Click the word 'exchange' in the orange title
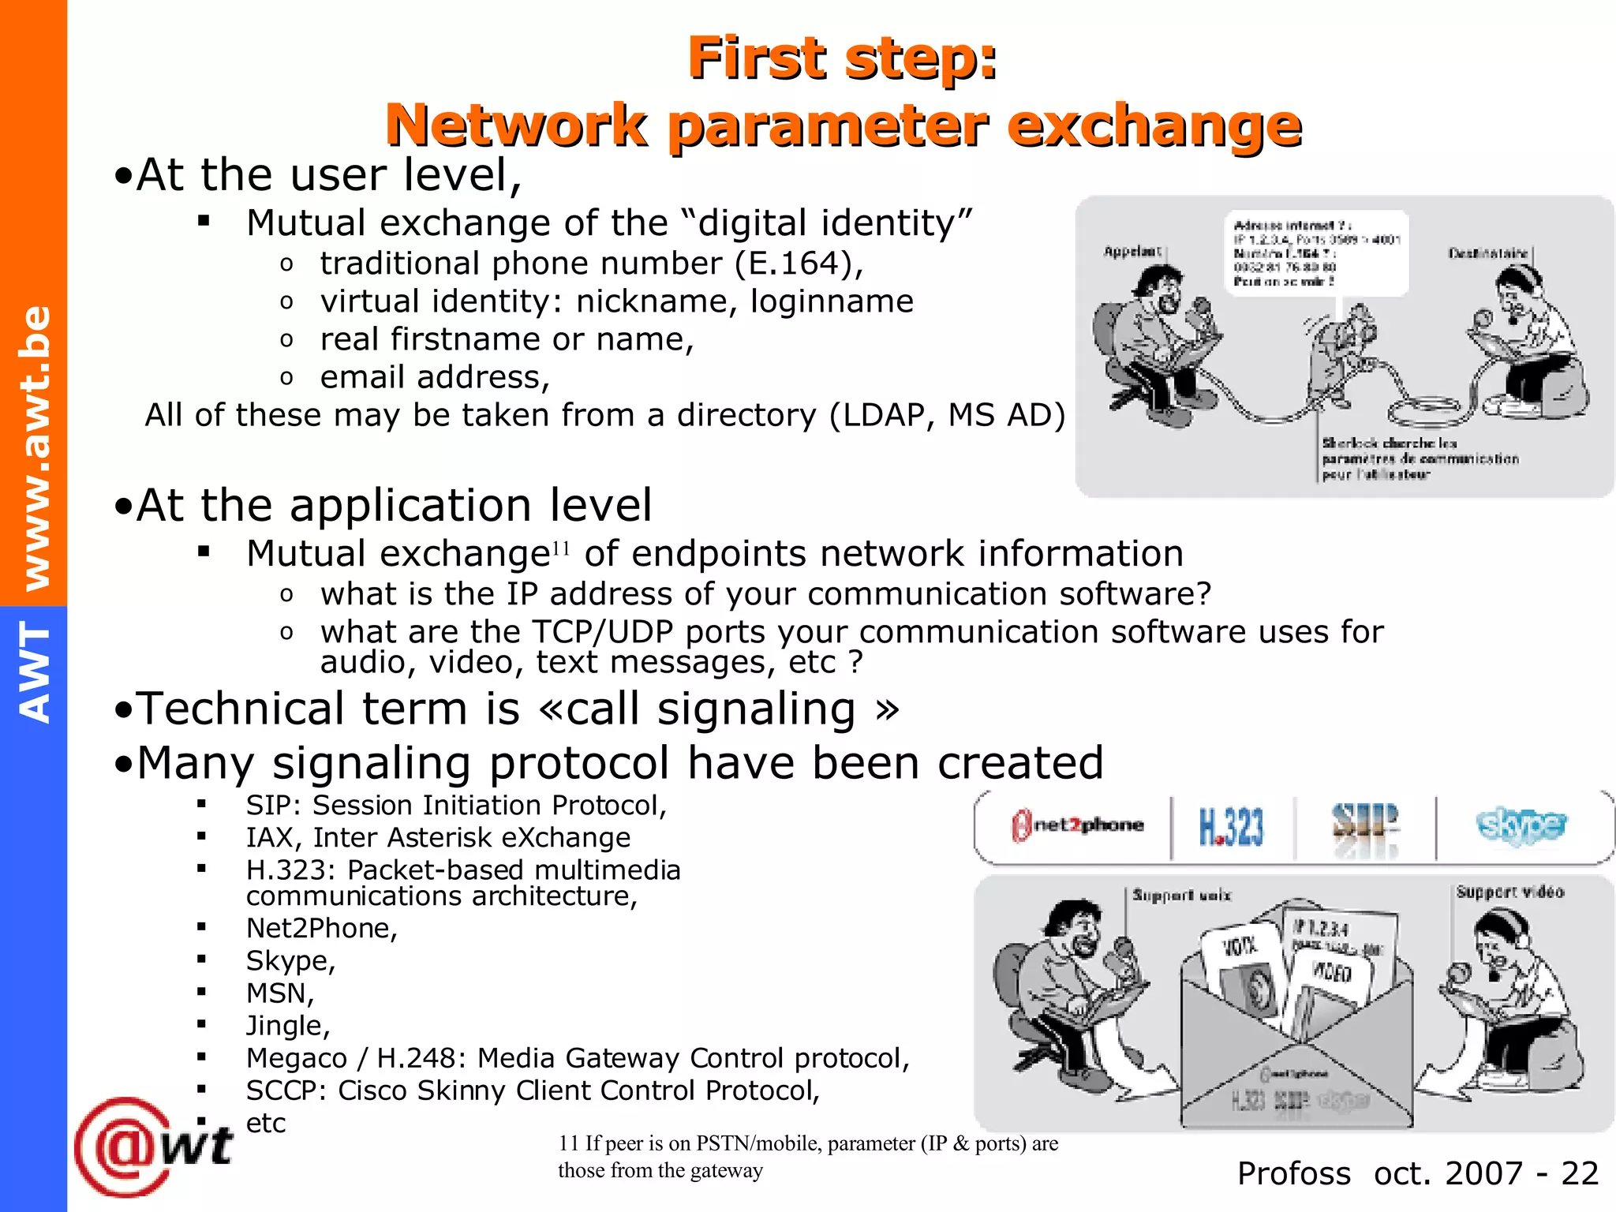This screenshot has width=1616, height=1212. tap(1154, 126)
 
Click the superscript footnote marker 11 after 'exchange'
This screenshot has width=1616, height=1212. tap(560, 548)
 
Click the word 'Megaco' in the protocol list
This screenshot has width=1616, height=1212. tap(297, 1058)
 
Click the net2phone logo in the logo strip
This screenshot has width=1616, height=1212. tap(1078, 826)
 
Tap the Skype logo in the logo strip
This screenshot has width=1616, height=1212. tap(1521, 826)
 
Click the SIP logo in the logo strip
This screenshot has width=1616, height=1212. tap(1365, 825)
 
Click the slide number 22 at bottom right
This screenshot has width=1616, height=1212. tap(1580, 1174)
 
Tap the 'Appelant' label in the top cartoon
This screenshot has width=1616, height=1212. tap(1132, 252)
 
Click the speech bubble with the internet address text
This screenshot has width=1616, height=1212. tap(1316, 252)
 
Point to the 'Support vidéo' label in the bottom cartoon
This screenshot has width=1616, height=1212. tap(1509, 892)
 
